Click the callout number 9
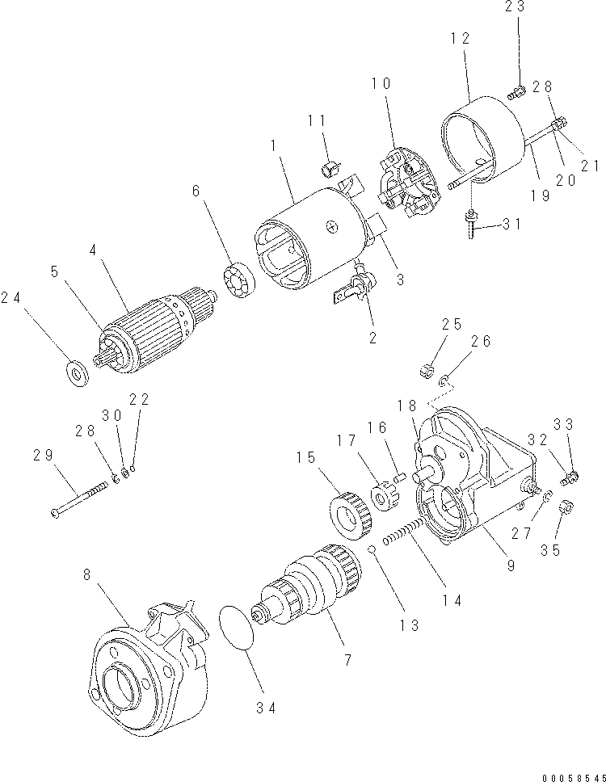[511, 566]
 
